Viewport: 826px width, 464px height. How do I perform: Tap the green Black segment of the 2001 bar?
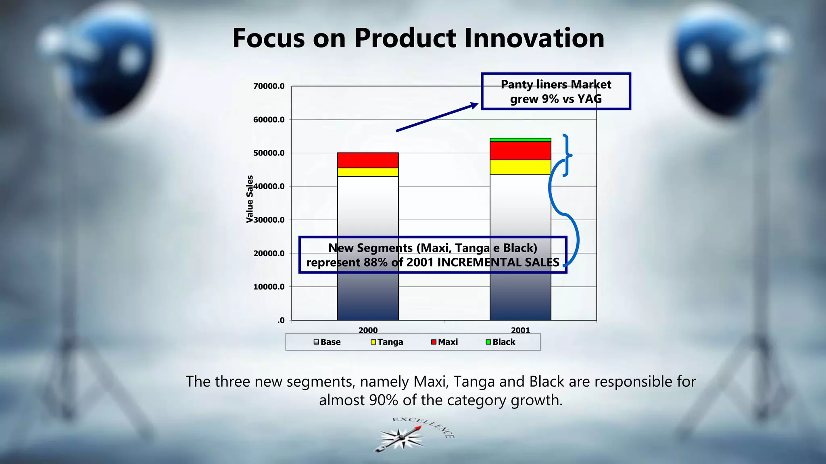(520, 140)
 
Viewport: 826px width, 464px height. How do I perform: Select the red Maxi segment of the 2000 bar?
(368, 160)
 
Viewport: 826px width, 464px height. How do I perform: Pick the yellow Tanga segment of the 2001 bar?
(520, 167)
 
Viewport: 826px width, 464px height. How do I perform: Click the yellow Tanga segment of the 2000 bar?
(368, 172)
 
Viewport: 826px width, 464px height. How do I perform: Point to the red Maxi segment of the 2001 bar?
(520, 151)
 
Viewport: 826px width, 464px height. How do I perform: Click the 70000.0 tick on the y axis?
(269, 86)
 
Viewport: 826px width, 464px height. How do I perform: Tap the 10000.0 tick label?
(269, 287)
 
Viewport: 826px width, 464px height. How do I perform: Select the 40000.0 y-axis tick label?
(269, 186)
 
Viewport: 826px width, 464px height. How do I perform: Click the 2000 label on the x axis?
(368, 330)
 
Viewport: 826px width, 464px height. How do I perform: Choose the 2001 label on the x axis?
(520, 330)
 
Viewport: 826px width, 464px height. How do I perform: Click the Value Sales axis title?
(250, 199)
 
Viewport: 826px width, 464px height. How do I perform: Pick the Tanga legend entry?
(387, 342)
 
